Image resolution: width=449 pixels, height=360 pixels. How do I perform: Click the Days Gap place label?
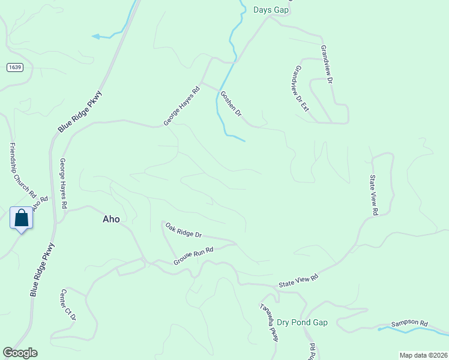[271, 10]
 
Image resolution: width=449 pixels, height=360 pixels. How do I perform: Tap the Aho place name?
[111, 219]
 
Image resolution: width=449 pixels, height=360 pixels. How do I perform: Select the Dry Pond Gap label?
[302, 322]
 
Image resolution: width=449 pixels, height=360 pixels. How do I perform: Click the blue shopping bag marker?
[22, 218]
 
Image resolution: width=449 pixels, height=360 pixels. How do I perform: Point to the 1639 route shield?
[16, 67]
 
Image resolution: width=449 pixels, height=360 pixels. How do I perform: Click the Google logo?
[20, 353]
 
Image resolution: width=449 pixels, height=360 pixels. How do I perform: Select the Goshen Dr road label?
[231, 104]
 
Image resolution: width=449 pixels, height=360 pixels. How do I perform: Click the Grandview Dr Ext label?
[299, 89]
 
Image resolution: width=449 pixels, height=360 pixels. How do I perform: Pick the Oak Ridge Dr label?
[184, 230]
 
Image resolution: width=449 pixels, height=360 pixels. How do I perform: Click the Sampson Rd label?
[409, 323]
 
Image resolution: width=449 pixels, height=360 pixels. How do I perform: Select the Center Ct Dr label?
[68, 305]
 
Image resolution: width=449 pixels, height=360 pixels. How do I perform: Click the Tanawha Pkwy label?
[269, 322]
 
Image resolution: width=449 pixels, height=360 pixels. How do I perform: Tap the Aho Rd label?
[40, 203]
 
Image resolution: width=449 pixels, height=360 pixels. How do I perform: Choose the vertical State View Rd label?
[373, 195]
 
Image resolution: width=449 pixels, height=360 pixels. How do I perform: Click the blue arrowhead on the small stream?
[95, 37]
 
